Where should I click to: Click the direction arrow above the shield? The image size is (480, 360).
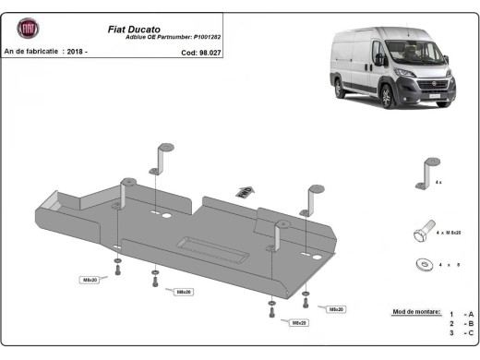243,190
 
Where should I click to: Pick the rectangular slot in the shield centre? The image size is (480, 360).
210,244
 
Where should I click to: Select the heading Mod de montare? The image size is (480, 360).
416,314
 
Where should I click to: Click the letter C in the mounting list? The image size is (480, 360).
470,334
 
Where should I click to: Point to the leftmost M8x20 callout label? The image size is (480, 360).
90,279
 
